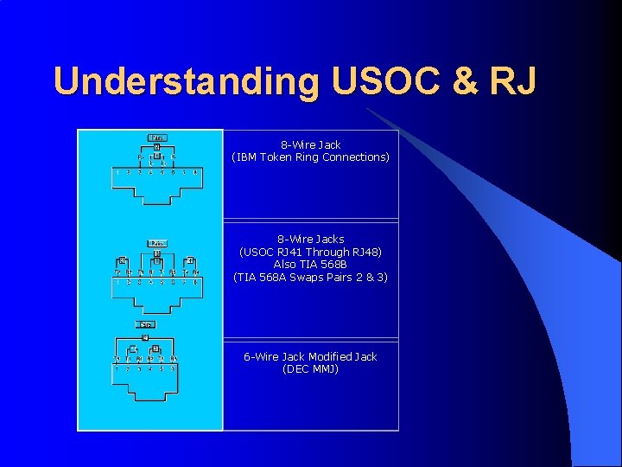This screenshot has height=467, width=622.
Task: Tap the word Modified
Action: point(329,356)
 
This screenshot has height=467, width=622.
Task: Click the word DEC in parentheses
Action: point(296,369)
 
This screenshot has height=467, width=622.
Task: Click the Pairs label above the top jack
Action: point(158,138)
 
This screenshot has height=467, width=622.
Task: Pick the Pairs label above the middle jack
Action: point(158,243)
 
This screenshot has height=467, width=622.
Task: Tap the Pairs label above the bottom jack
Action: point(147,324)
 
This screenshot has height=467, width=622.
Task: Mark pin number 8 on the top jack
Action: point(196,172)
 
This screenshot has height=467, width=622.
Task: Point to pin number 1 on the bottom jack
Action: point(117,368)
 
